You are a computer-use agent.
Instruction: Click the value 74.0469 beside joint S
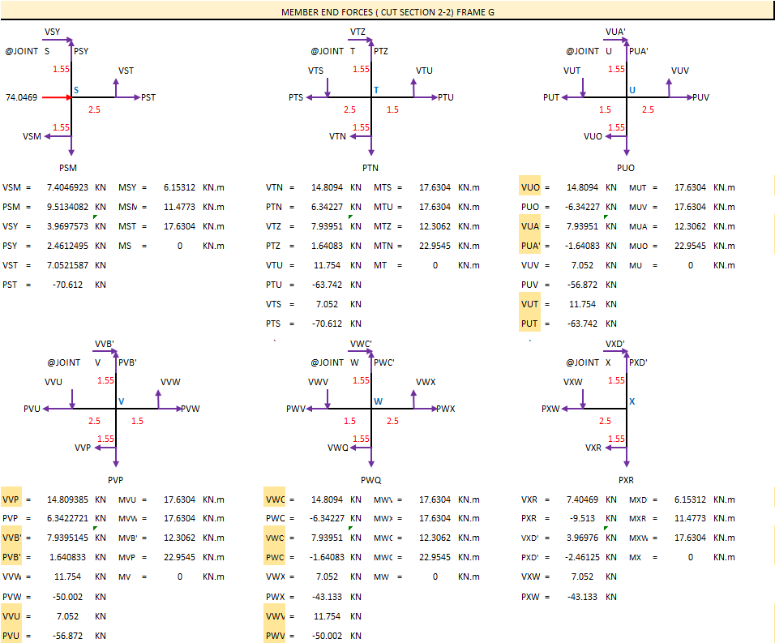click(21, 97)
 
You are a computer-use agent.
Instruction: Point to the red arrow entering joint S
click(57, 97)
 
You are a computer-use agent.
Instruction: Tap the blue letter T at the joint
click(376, 90)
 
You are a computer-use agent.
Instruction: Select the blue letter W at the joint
click(378, 401)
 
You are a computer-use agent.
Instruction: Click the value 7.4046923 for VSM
click(67, 187)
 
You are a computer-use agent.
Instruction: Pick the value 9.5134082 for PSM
click(67, 207)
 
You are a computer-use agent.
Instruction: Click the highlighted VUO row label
click(530, 187)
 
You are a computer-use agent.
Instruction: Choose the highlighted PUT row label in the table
click(529, 324)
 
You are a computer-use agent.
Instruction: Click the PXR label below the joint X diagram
click(626, 480)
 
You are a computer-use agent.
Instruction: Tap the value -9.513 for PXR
click(582, 518)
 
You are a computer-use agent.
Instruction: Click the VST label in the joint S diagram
click(126, 71)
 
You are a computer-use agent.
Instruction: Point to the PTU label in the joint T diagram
click(446, 97)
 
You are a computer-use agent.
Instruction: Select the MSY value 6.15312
click(179, 187)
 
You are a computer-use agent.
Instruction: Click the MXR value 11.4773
click(691, 518)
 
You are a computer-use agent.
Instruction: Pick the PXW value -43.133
click(582, 597)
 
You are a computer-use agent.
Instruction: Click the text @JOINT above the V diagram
click(64, 362)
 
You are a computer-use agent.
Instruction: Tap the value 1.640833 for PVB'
click(69, 557)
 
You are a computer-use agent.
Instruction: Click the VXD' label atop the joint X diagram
click(615, 344)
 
